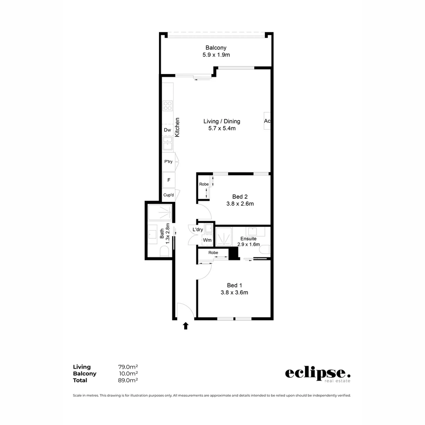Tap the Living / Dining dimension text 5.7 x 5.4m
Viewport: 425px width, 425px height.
click(222, 128)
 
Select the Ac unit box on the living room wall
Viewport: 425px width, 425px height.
click(267, 121)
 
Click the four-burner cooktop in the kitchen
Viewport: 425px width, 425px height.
click(168, 106)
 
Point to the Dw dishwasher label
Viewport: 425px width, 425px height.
click(167, 130)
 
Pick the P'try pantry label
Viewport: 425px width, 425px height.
click(168, 162)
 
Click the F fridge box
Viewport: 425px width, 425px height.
click(169, 180)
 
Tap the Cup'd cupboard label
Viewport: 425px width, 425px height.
click(169, 195)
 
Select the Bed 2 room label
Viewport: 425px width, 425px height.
click(240, 197)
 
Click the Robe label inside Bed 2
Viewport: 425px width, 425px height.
click(203, 184)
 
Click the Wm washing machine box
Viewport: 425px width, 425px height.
click(207, 240)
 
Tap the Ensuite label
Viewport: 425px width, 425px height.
click(248, 238)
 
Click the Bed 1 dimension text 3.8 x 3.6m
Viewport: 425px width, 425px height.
click(234, 292)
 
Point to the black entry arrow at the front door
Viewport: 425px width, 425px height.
click(186, 325)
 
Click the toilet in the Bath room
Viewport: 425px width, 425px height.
click(164, 251)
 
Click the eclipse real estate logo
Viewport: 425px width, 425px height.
click(318, 374)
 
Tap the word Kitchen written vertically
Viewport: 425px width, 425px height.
click(177, 127)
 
